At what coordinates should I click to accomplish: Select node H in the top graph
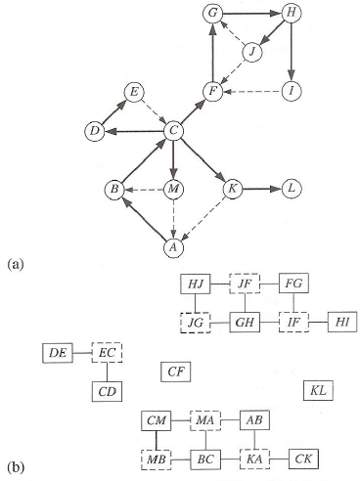[x=291, y=13]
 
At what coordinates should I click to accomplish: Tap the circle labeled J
[x=252, y=52]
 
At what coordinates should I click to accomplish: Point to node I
[x=291, y=91]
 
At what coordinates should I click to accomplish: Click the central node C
[x=173, y=130]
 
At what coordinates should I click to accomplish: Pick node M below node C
[x=173, y=188]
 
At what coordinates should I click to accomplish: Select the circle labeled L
[x=291, y=188]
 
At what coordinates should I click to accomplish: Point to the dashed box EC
[x=107, y=352]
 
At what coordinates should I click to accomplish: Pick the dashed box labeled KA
[x=253, y=457]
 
